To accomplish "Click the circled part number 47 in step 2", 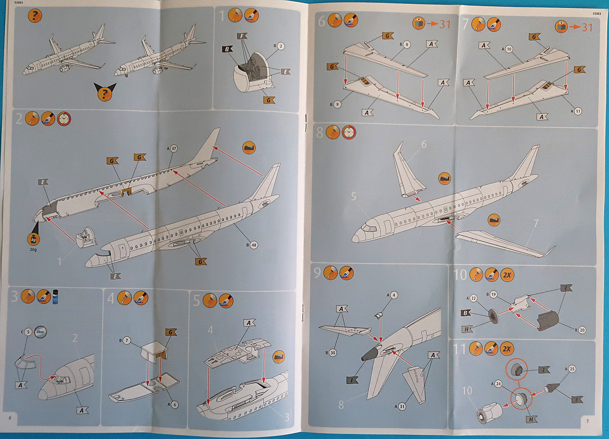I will (x=174, y=148).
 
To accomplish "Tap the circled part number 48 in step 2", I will (x=254, y=245).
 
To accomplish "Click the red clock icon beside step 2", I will (x=64, y=118).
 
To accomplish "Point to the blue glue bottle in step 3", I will (x=56, y=297).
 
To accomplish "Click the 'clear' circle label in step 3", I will (x=40, y=332).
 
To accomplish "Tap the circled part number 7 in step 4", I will (x=127, y=340).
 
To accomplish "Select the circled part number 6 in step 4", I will (x=174, y=404).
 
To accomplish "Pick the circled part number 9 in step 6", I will (x=337, y=104).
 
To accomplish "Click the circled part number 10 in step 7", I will (x=509, y=49).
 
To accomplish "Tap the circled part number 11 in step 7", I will (x=577, y=111).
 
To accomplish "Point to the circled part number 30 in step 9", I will (x=333, y=352).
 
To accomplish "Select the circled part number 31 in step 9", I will (x=402, y=406).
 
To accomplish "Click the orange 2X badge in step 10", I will (x=507, y=275).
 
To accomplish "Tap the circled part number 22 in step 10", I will (x=473, y=298).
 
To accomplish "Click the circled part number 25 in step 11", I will (x=572, y=369).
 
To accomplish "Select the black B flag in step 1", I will (x=228, y=49).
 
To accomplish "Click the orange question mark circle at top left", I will (x=34, y=16).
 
